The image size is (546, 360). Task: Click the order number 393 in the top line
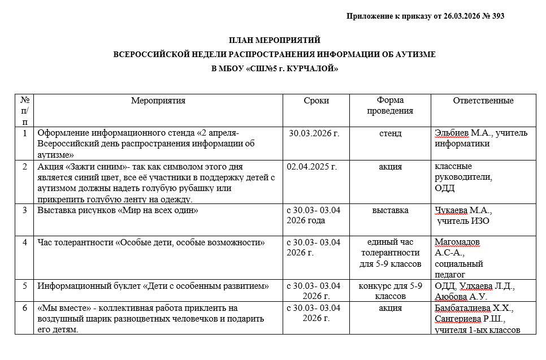pos(498,16)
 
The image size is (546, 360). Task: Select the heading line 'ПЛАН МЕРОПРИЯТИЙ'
pos(274,40)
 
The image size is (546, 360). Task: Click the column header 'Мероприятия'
pos(158,101)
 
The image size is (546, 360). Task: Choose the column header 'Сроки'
pos(316,101)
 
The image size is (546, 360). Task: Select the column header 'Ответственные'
pos(483,101)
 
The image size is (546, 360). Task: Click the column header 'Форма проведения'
pos(390,106)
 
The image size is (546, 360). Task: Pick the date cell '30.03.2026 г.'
pos(314,134)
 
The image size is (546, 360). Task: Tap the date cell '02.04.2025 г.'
pos(312,167)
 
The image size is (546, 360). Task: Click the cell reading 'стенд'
pos(390,134)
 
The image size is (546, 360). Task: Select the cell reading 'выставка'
pos(390,211)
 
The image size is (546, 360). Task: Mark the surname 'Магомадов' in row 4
pos(457,242)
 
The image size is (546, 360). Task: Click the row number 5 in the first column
pos(24,286)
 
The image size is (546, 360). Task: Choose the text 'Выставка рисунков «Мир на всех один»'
pos(118,211)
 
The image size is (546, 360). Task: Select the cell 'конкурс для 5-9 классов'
pos(390,291)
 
